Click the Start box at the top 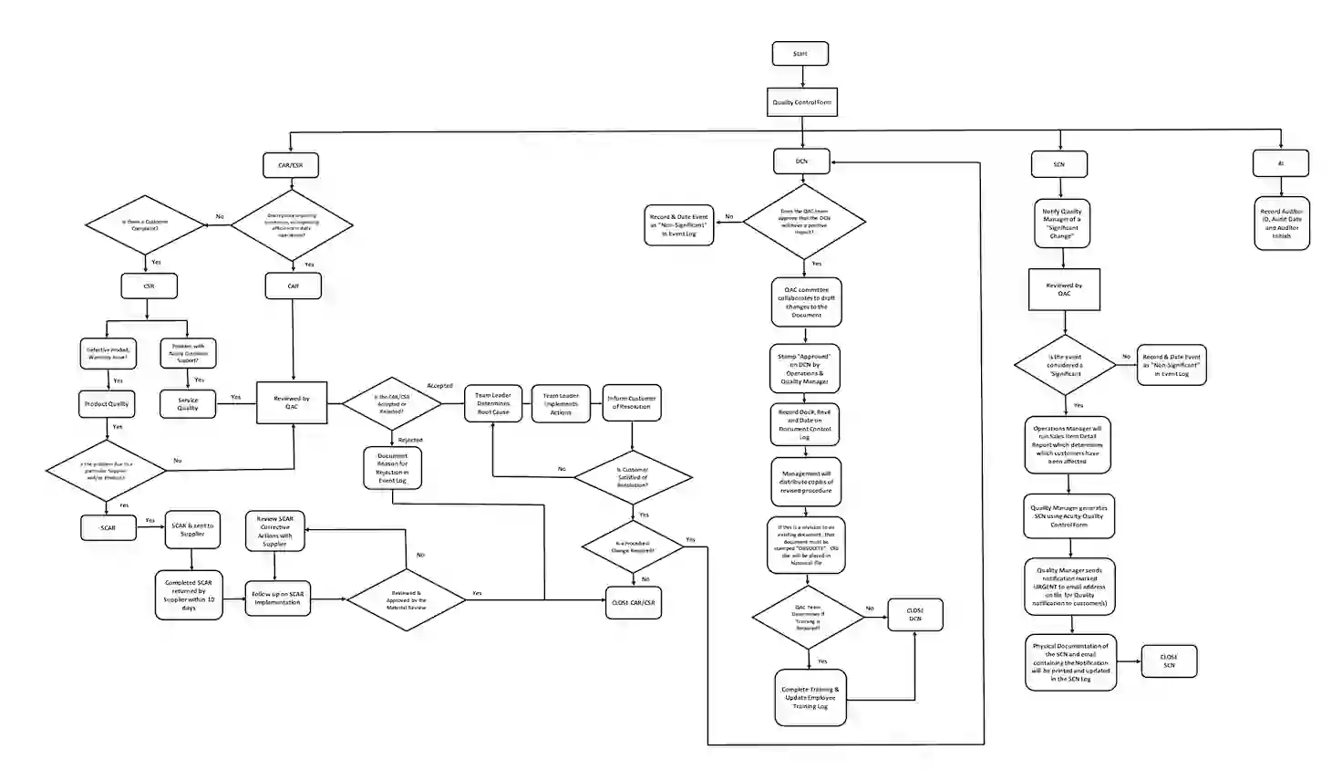click(800, 54)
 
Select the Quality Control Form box click(801, 102)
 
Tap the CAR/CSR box click(290, 165)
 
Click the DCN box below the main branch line click(801, 161)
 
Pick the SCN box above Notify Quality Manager click(1058, 164)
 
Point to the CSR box click(149, 286)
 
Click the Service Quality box click(188, 404)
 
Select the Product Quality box click(107, 404)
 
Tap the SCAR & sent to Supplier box click(192, 529)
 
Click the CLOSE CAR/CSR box click(633, 602)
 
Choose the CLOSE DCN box click(914, 615)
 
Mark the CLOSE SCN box click(1169, 661)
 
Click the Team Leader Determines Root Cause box click(493, 403)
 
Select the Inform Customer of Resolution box click(632, 402)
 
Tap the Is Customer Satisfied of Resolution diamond click(633, 477)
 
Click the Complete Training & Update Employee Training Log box click(810, 698)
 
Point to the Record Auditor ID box click(1281, 224)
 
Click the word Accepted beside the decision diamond click(439, 386)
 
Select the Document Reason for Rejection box click(392, 467)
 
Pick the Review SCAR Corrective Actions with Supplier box click(274, 531)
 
